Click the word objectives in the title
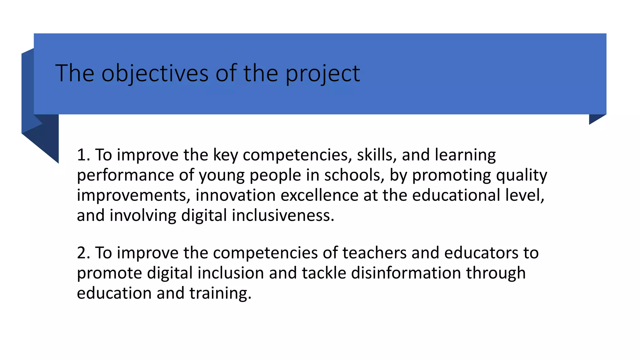pyautogui.click(x=155, y=73)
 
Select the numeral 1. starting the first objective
pyautogui.click(x=83, y=155)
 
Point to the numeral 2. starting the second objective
pyautogui.click(x=83, y=253)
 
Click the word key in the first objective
pyautogui.click(x=225, y=155)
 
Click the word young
pyautogui.click(x=222, y=176)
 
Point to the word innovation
pyautogui.click(x=235, y=195)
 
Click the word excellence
pyautogui.click(x=319, y=195)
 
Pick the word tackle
pyautogui.click(x=324, y=273)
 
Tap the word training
pyautogui.click(x=220, y=293)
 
